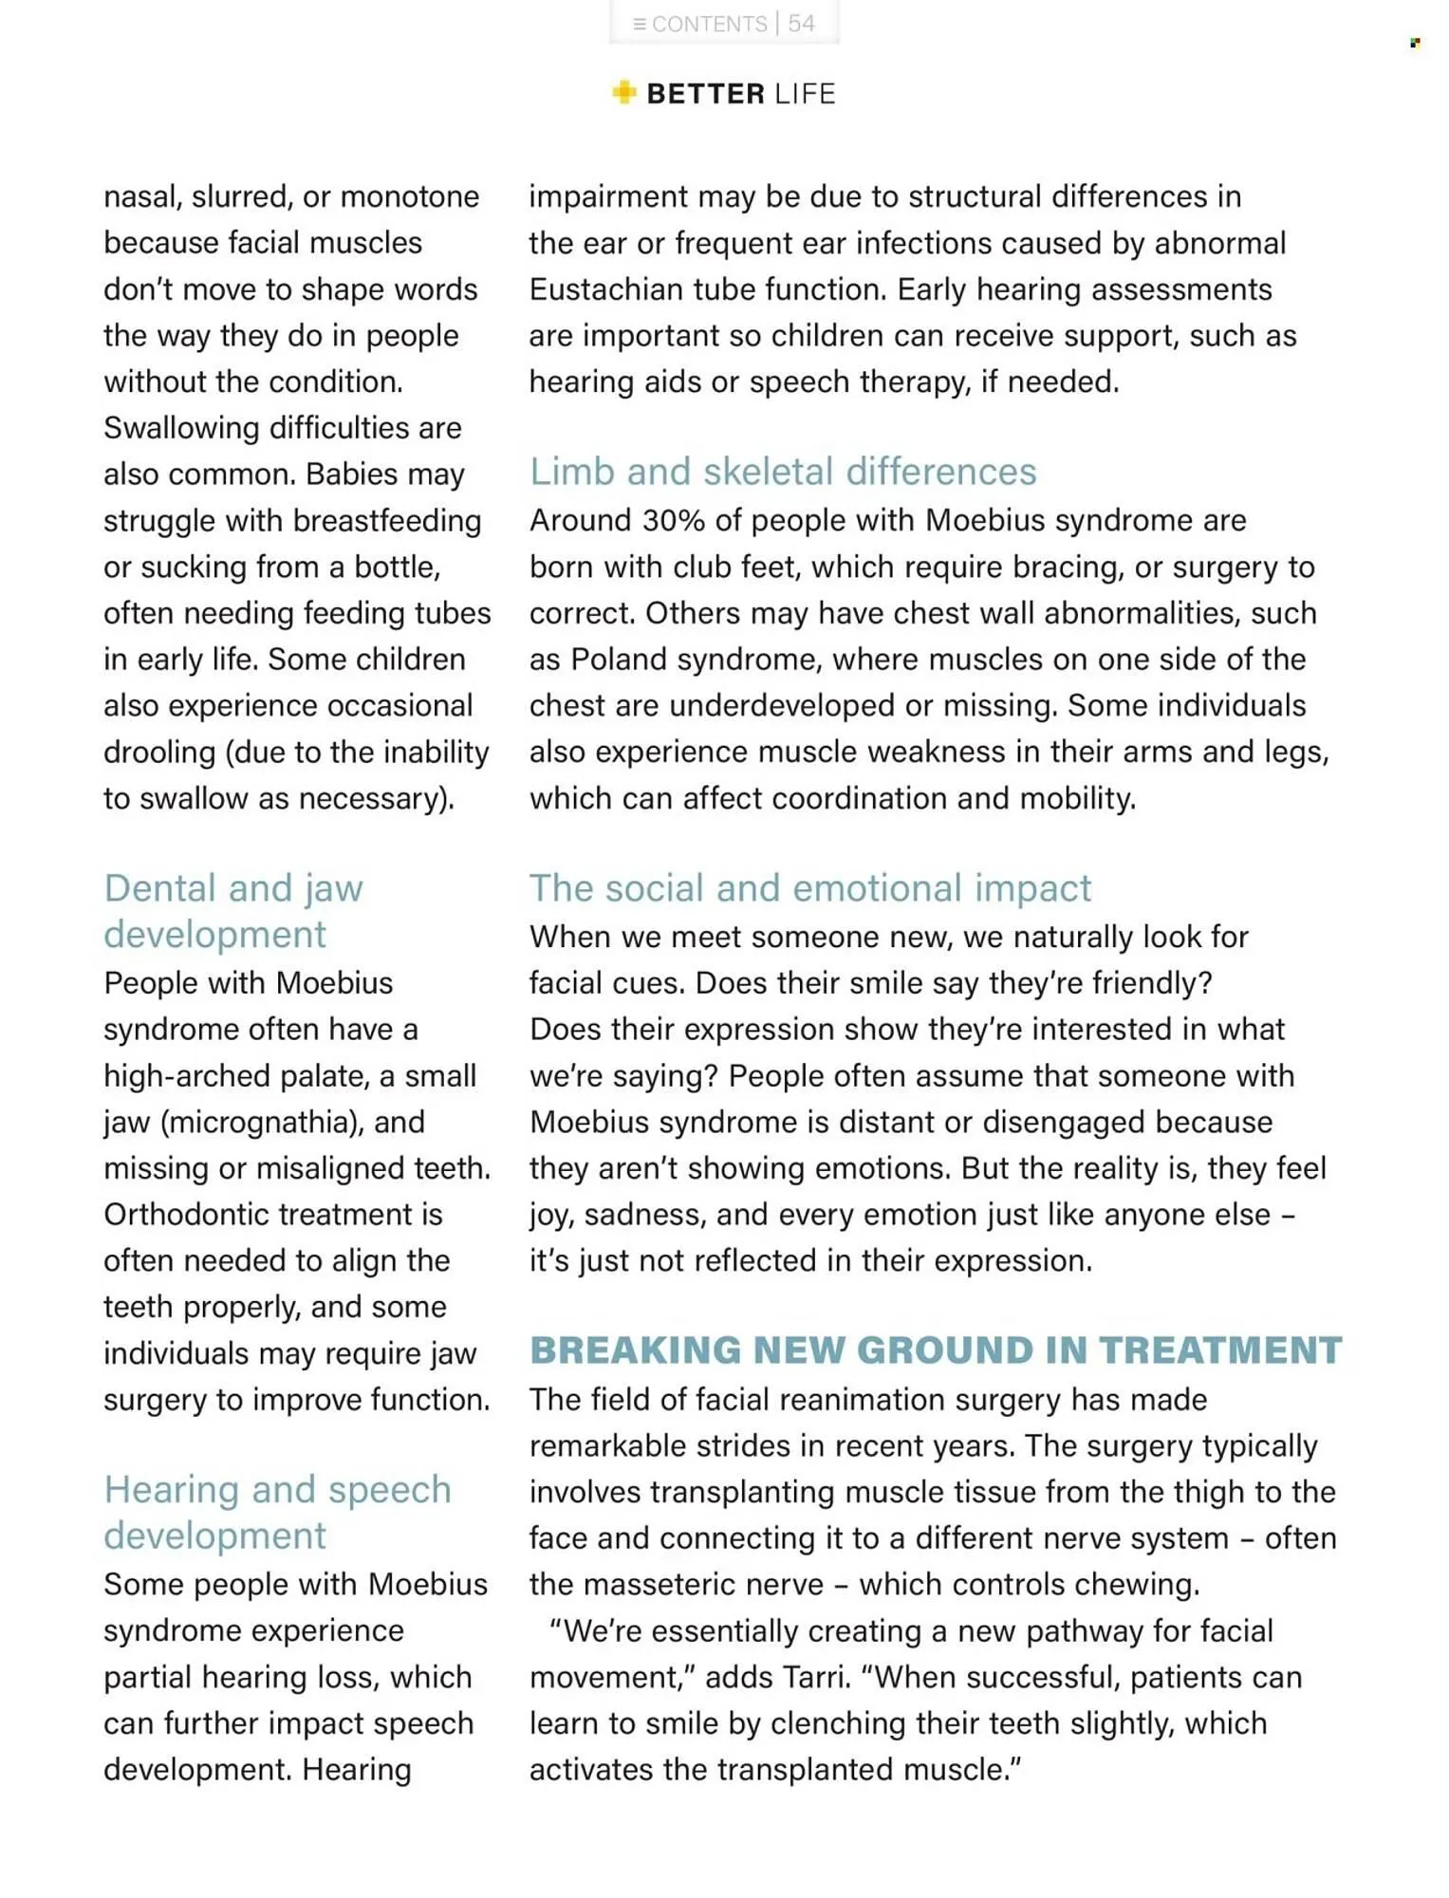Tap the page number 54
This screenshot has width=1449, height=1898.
[802, 24]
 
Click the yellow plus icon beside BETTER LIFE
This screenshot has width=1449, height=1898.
[624, 92]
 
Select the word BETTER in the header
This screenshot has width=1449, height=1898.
[705, 94]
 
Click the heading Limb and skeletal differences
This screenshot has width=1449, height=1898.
[783, 472]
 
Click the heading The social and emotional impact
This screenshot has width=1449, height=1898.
[810, 888]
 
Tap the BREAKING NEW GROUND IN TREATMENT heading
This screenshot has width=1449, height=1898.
[936, 1349]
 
